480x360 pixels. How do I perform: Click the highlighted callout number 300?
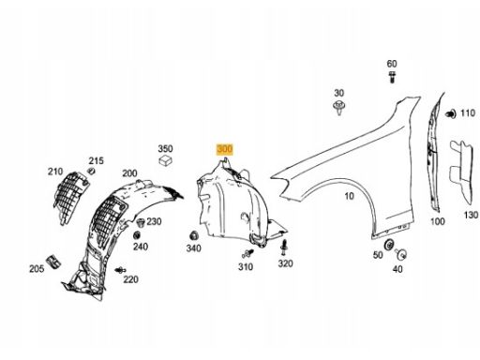225,149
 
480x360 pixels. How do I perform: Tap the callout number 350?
165,149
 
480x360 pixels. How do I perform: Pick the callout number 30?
339,94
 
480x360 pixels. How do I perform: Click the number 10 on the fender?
348,196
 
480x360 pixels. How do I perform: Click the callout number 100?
438,222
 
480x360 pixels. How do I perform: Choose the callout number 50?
378,255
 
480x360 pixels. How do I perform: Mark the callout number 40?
397,269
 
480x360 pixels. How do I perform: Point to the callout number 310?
246,267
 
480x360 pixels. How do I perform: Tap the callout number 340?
194,248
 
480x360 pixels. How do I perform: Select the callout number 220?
130,279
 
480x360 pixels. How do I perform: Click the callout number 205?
36,269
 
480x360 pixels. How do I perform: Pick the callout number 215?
97,161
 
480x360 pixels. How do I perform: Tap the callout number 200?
129,173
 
